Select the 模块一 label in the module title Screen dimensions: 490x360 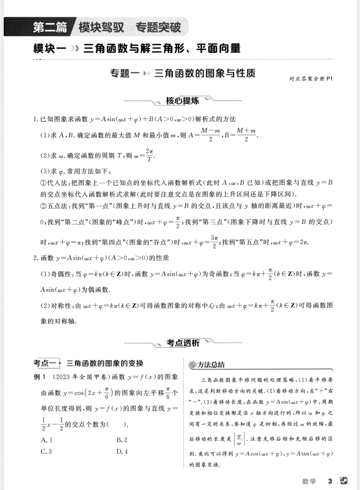point(49,48)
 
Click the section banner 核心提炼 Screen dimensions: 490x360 point(182,101)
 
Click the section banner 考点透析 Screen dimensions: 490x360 point(183,342)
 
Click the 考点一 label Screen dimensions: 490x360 point(46,362)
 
